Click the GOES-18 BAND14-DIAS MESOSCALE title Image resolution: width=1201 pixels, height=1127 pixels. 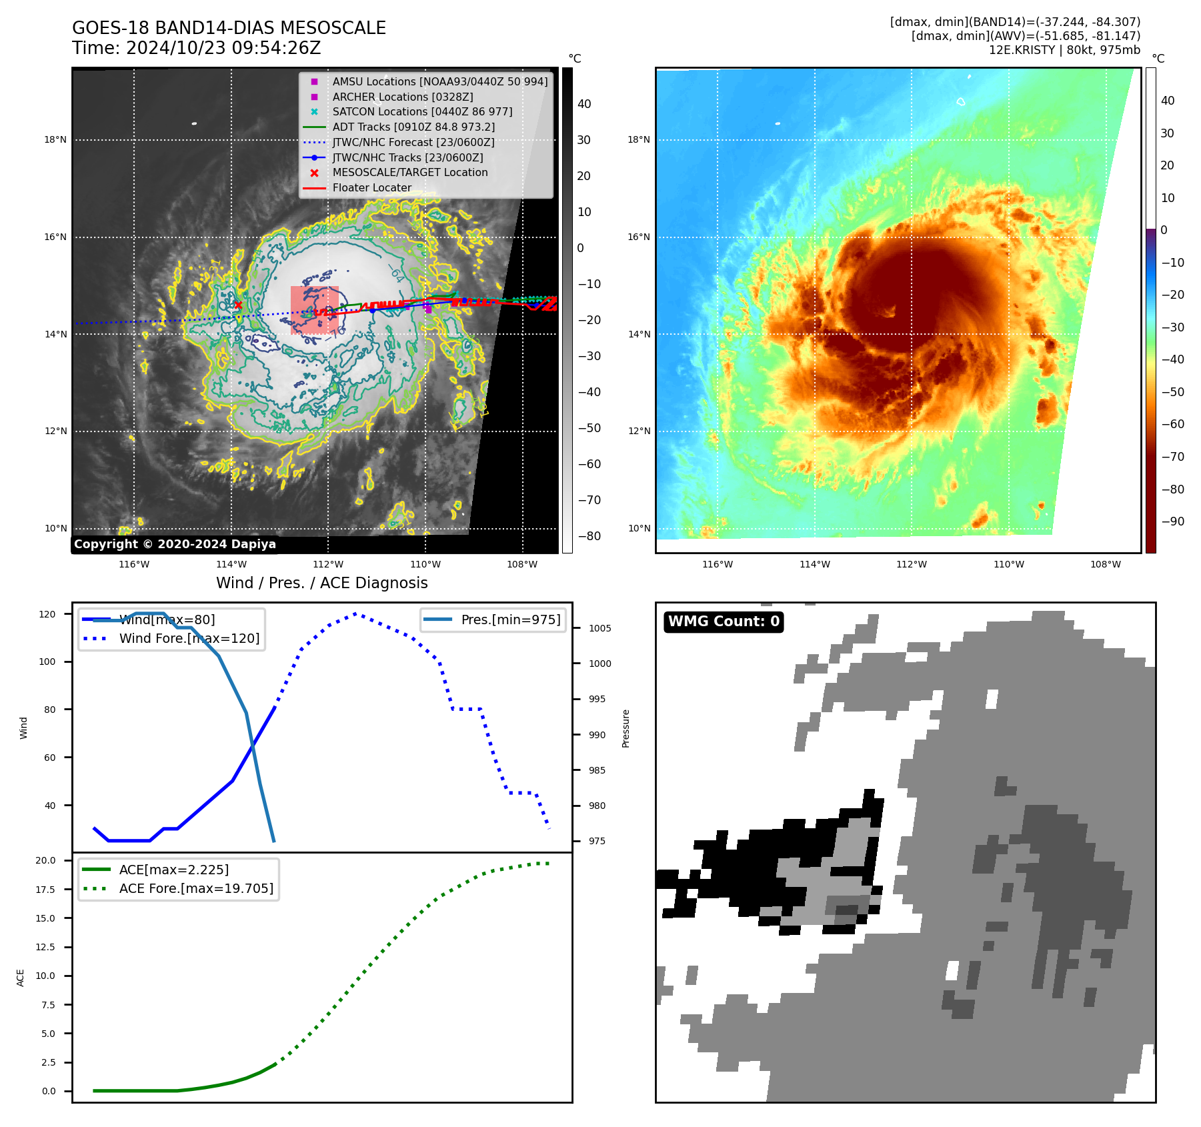(229, 28)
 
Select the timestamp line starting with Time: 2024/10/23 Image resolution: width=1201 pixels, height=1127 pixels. (197, 48)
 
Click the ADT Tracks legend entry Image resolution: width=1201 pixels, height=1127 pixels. (413, 127)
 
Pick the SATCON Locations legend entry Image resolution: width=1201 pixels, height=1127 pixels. (422, 111)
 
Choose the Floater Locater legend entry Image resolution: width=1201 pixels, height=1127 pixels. (371, 187)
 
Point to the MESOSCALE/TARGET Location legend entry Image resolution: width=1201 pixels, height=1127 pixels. (409, 172)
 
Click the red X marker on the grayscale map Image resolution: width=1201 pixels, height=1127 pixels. (238, 305)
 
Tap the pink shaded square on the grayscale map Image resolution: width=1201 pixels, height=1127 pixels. (314, 309)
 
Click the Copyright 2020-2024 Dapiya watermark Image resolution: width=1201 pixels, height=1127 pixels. (175, 544)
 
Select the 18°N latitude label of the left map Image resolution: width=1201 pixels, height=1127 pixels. (55, 140)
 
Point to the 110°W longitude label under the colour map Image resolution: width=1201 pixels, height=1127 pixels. (1008, 564)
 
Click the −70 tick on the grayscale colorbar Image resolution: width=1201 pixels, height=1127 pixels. (589, 500)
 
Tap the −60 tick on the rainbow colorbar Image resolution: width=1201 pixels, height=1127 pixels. (1172, 424)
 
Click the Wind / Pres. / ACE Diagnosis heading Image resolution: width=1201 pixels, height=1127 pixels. (321, 583)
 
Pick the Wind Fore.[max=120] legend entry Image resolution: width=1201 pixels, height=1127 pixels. (189, 638)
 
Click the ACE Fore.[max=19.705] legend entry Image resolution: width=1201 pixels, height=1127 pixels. (196, 888)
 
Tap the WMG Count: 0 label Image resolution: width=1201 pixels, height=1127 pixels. (724, 622)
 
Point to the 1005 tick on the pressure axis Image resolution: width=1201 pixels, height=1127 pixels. (599, 628)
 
